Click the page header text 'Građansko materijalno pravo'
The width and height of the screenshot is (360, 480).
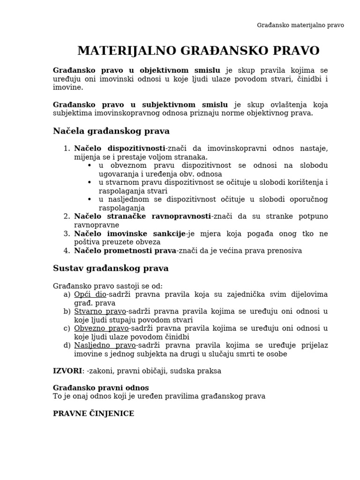(x=300, y=25)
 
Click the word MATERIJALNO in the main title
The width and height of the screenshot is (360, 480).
(x=124, y=51)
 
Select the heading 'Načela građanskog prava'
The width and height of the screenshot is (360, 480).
(x=111, y=131)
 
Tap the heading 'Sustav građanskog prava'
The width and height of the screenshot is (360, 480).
(x=111, y=269)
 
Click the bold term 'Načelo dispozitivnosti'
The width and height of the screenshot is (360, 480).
(x=120, y=149)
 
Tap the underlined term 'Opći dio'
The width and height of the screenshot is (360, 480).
(x=90, y=294)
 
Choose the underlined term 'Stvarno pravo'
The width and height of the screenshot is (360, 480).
(x=100, y=311)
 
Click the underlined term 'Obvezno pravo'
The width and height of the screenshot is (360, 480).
(x=101, y=328)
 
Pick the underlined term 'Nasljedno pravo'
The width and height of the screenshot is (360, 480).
(x=105, y=345)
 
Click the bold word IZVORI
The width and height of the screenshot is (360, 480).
(x=67, y=371)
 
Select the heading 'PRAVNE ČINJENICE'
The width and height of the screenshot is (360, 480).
(x=93, y=413)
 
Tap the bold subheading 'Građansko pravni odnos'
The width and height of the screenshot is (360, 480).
(x=101, y=388)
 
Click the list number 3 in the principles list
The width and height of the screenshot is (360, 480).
(x=67, y=233)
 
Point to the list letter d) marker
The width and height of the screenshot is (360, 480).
(x=67, y=345)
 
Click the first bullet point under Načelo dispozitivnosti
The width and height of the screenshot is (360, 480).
(x=90, y=165)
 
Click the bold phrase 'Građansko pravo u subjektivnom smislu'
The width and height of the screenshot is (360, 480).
(x=141, y=105)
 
